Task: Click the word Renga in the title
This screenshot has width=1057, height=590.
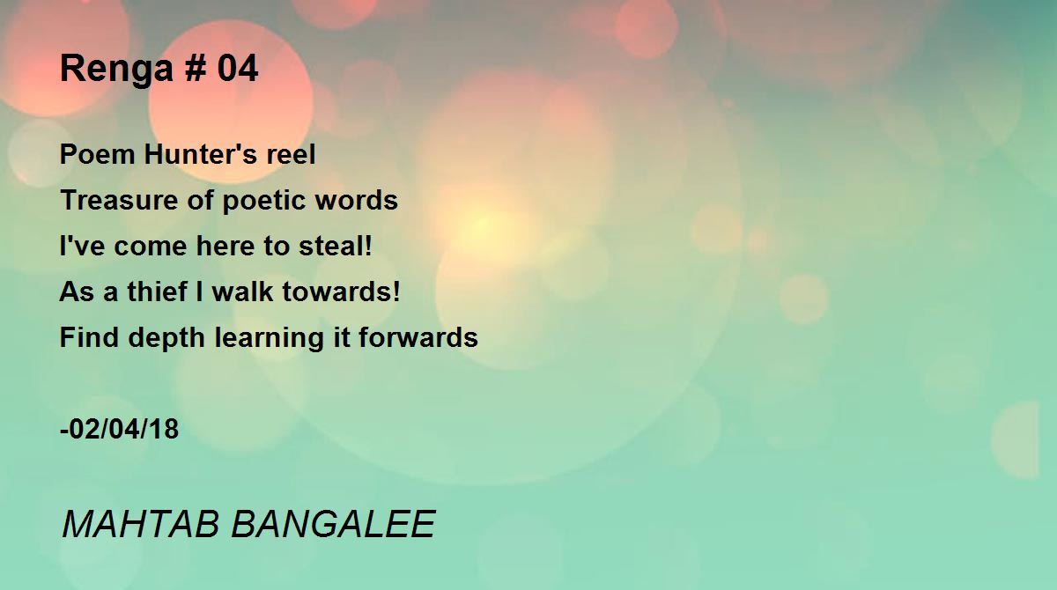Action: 117,70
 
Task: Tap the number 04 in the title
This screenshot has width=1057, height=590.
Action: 237,68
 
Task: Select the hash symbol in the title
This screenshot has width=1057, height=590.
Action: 196,68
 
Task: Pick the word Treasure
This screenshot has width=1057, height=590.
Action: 119,200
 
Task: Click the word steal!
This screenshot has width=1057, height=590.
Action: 336,246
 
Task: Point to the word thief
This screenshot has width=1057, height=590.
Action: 157,291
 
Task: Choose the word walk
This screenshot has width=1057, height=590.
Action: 242,291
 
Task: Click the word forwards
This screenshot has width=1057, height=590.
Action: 418,337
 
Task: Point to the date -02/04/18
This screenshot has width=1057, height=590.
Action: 120,429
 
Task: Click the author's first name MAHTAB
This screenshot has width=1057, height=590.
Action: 141,524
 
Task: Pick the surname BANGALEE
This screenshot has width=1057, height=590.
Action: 333,524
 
